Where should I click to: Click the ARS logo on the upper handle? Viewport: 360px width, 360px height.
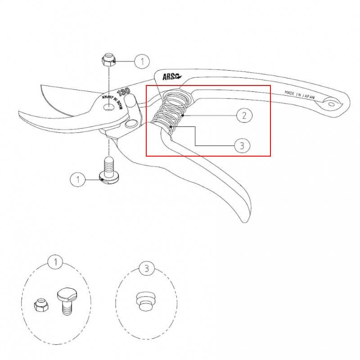coord(172,76)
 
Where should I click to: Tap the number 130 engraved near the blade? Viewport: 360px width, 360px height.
coord(123,92)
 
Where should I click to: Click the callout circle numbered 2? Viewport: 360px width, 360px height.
coord(244,115)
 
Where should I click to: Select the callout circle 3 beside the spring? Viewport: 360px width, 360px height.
coord(242,145)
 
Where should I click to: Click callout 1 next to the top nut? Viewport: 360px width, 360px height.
coord(142,62)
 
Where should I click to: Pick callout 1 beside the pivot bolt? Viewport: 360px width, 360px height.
coord(78,179)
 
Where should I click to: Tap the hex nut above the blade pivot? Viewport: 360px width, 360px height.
coord(108,60)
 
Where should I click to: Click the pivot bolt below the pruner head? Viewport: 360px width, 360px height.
coord(109,170)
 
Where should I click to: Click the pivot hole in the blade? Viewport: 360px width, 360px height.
coord(109,107)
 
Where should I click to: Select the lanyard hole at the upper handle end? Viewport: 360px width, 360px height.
coord(331,104)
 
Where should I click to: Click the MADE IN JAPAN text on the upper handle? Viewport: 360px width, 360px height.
coord(300,94)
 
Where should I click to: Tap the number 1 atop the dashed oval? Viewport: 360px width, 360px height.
coord(55,262)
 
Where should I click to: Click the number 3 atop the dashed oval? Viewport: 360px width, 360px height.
coord(147,269)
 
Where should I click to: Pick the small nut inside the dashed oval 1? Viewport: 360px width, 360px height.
coord(41,305)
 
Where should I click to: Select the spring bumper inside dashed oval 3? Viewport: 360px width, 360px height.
coord(145,301)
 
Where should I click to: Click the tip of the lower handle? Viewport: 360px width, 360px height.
coord(245,221)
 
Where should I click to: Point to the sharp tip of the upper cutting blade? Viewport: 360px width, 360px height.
coord(41,85)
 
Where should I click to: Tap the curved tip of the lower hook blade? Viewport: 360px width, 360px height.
coord(19,112)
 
